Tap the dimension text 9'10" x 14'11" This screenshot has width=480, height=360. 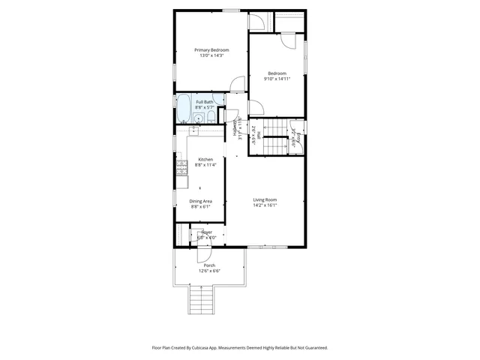tap(277, 79)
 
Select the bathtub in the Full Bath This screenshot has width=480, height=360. tap(182, 108)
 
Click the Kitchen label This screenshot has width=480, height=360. tap(205, 159)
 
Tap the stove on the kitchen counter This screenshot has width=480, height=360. tap(181, 166)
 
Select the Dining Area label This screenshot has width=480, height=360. tap(200, 200)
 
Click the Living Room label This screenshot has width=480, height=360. tap(265, 199)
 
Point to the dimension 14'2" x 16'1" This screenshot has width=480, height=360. tap(265, 205)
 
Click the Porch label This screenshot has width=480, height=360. tap(209, 265)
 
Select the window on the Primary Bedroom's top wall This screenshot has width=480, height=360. tap(231, 10)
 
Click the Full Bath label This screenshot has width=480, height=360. tap(204, 102)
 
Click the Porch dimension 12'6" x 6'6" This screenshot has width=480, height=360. tap(209, 271)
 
